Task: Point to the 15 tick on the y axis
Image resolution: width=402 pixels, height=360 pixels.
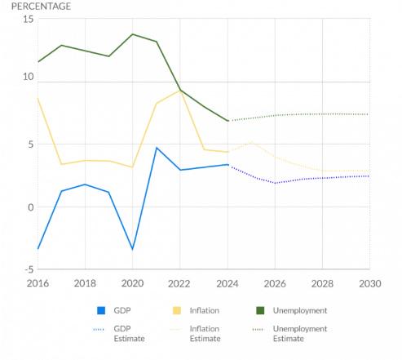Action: pos(28,19)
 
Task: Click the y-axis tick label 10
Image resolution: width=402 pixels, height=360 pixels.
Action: pos(28,78)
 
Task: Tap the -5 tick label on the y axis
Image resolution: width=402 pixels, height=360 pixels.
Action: pos(28,269)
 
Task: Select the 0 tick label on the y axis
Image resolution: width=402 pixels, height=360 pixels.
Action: pos(30,207)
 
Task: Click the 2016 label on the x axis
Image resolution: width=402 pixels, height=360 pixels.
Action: pos(38,282)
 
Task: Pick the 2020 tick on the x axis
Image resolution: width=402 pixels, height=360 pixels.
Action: pos(132,282)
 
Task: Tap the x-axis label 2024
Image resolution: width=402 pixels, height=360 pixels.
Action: pos(228,282)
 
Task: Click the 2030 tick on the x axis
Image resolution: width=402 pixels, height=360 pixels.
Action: pos(369,282)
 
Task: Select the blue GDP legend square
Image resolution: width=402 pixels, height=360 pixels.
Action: pos(102,311)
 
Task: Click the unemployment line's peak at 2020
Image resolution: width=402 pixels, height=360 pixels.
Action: pos(133,34)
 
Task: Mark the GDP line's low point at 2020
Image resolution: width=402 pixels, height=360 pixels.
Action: pos(133,250)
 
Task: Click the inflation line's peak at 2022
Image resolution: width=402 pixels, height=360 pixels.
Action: pos(180,90)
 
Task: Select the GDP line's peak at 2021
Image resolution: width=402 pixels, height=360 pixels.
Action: pos(157,148)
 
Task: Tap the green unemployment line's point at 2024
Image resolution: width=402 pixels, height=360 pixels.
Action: pos(228,121)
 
